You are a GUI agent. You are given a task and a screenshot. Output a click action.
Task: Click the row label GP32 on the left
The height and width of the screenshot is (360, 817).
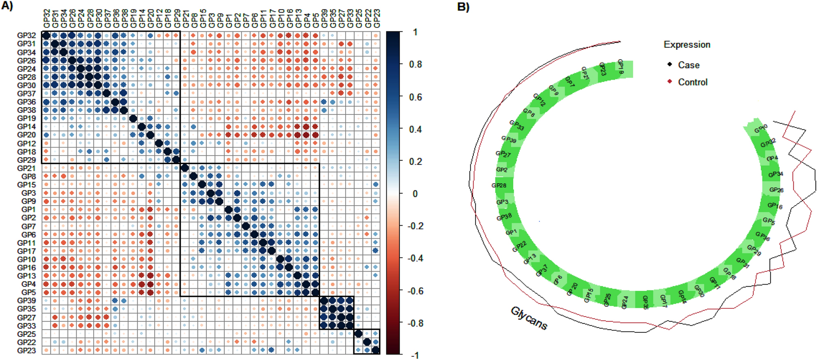pyautogui.click(x=26, y=35)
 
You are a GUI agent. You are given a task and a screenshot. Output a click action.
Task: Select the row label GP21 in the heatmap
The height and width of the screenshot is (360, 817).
pyautogui.click(x=26, y=168)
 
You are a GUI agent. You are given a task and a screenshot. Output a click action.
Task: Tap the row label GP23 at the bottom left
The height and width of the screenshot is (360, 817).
pyautogui.click(x=26, y=351)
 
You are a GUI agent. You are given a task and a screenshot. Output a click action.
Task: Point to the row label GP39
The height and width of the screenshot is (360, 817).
pyautogui.click(x=26, y=301)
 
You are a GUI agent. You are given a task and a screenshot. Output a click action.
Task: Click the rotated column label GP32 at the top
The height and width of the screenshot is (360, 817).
pyautogui.click(x=46, y=19)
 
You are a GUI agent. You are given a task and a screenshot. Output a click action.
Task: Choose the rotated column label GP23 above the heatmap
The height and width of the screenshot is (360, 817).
pyautogui.click(x=377, y=19)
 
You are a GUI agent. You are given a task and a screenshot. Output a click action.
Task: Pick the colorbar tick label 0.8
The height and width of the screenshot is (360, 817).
pyautogui.click(x=415, y=64)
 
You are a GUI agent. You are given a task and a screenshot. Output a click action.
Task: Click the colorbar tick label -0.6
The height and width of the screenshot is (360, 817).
pyautogui.click(x=415, y=291)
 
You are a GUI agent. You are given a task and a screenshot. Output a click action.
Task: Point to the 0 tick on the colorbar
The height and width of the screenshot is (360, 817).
pyautogui.click(x=415, y=194)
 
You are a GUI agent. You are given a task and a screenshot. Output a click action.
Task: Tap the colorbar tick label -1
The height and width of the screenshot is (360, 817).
pyautogui.click(x=415, y=356)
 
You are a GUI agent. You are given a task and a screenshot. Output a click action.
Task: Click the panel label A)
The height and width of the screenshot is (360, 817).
pyautogui.click(x=7, y=6)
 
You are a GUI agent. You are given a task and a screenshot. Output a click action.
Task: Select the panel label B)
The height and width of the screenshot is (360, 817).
pyautogui.click(x=463, y=7)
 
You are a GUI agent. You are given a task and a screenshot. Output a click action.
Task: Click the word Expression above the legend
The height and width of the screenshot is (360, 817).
pyautogui.click(x=687, y=45)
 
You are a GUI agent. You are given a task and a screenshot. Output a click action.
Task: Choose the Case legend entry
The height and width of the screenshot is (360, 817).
pyautogui.click(x=688, y=65)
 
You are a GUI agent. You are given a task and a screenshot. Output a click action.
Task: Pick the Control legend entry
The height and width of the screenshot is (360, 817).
pyautogui.click(x=692, y=82)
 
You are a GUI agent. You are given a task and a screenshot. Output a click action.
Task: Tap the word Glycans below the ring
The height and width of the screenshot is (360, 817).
pyautogui.click(x=529, y=318)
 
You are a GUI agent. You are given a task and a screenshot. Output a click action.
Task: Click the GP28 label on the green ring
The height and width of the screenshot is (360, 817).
pyautogui.click(x=499, y=186)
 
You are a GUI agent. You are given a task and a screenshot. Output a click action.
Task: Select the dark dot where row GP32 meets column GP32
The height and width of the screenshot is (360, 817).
pyautogui.click(x=46, y=35)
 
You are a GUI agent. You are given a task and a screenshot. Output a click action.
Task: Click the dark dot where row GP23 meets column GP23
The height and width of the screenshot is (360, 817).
pyautogui.click(x=376, y=350)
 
